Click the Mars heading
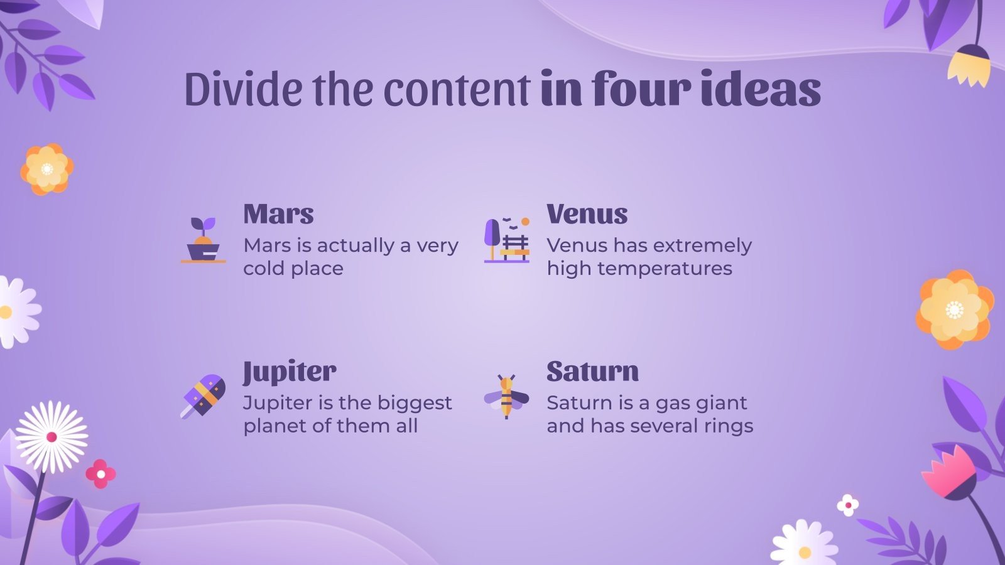pyautogui.click(x=278, y=215)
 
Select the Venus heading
pyautogui.click(x=587, y=215)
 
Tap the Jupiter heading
pyautogui.click(x=290, y=372)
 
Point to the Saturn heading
pyautogui.click(x=592, y=372)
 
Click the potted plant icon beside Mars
pyautogui.click(x=203, y=240)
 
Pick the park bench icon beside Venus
pyautogui.click(x=507, y=240)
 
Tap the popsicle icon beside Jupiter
pyautogui.click(x=203, y=396)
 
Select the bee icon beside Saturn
pyautogui.click(x=506, y=396)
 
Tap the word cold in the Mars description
pyautogui.click(x=264, y=269)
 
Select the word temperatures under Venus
pyautogui.click(x=665, y=269)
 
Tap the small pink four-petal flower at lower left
pyautogui.click(x=100, y=474)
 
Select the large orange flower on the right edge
pyautogui.click(x=954, y=309)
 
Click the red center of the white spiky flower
pyautogui.click(x=52, y=437)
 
